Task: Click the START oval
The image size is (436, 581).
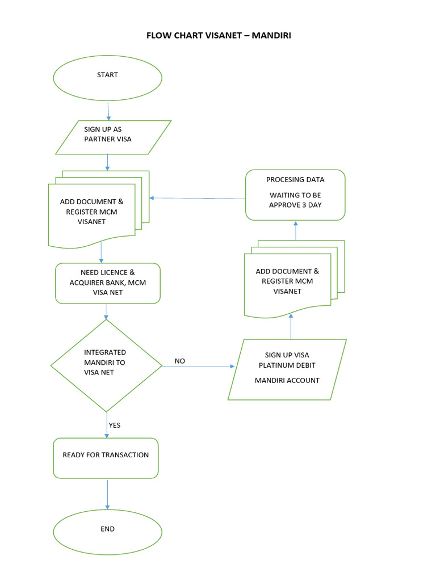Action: (x=107, y=78)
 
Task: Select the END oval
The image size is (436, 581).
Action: (x=107, y=532)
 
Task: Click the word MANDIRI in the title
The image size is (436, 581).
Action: (x=271, y=35)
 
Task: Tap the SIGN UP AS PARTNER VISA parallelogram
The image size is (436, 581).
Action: (x=112, y=137)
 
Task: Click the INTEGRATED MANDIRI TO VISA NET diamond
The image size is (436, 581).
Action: (x=106, y=365)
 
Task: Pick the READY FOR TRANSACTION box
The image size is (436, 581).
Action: (x=106, y=457)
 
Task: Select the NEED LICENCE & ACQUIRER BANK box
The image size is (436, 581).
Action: (x=108, y=283)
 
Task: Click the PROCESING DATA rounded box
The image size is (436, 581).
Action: (x=295, y=195)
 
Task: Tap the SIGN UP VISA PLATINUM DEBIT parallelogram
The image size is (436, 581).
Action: (x=287, y=369)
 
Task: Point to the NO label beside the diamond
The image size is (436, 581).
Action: (x=180, y=361)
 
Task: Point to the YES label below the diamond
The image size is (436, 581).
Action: (x=115, y=425)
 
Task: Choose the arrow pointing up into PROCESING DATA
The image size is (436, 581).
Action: (x=295, y=230)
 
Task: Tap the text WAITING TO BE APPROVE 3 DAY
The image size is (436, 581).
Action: (x=295, y=200)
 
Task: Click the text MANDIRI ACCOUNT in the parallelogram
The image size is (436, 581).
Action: (x=287, y=380)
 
